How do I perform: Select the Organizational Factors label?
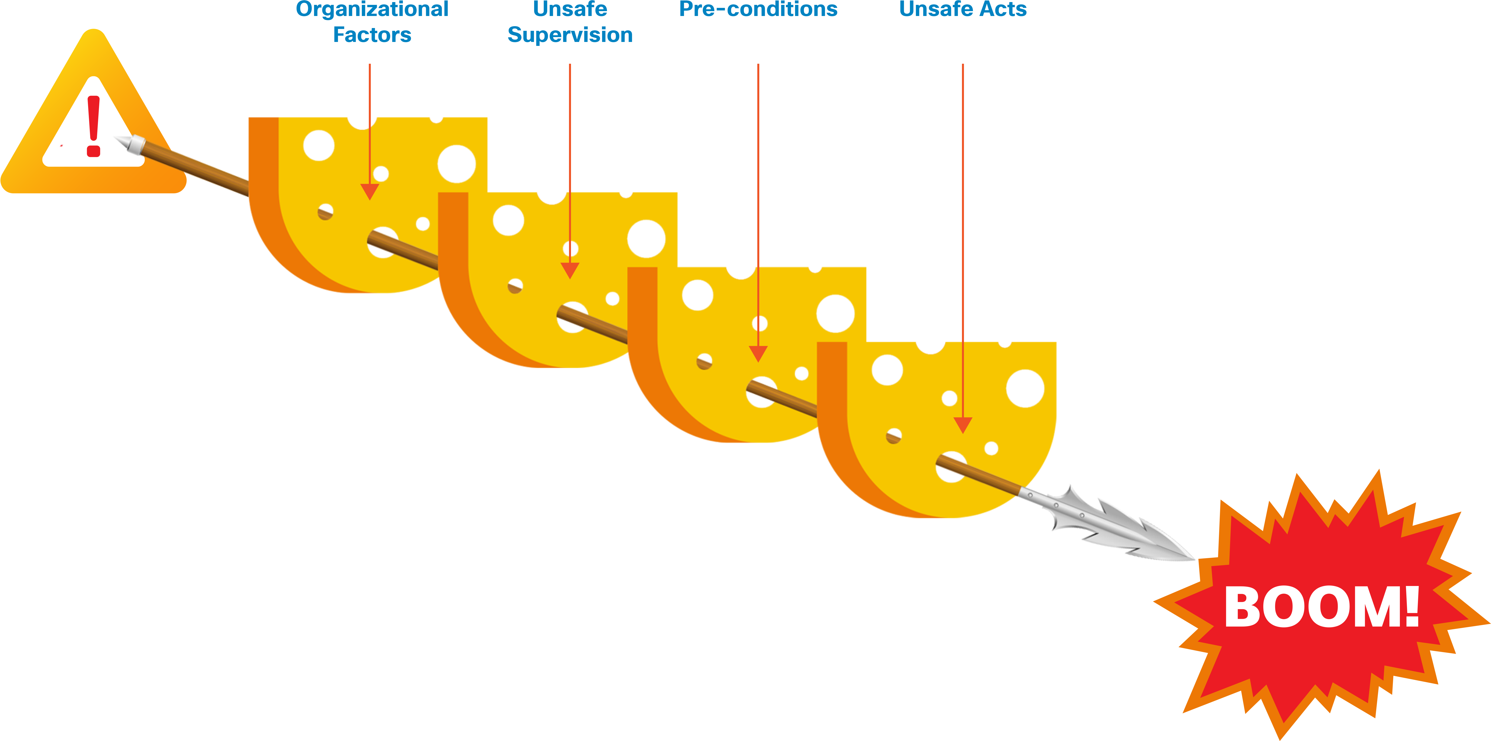[x=372, y=22]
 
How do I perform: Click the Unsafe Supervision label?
[x=570, y=22]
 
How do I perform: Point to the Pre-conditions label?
[x=758, y=9]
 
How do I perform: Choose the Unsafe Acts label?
[x=962, y=9]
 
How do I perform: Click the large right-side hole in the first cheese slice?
[x=457, y=164]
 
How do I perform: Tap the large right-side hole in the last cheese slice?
[x=1025, y=388]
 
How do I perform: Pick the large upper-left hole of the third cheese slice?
[x=697, y=295]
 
